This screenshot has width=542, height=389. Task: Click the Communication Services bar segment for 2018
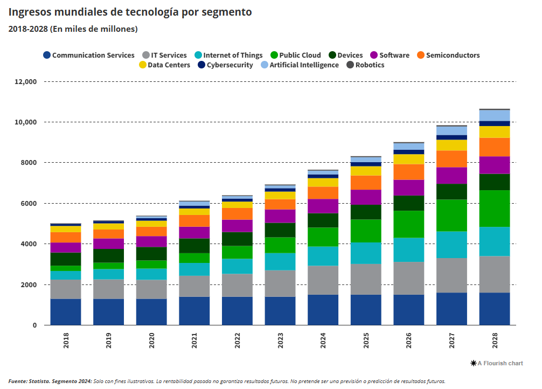coord(66,312)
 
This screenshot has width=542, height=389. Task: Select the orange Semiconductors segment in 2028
coord(494,147)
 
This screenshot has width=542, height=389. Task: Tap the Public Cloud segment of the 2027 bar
coord(451,216)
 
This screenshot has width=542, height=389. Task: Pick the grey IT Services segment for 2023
coord(280,283)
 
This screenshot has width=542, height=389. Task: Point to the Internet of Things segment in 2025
coord(366,253)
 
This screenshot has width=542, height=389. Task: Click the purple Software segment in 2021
coord(194,232)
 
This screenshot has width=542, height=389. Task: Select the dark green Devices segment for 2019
coord(108,255)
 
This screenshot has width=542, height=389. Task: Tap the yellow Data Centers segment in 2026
coord(408,159)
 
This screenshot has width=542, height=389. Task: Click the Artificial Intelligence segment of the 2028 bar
coord(494,115)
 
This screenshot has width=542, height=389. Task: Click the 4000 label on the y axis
coord(29,244)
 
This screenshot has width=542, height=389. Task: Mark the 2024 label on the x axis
coord(323,341)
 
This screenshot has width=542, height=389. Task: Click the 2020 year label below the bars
coord(151,341)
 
